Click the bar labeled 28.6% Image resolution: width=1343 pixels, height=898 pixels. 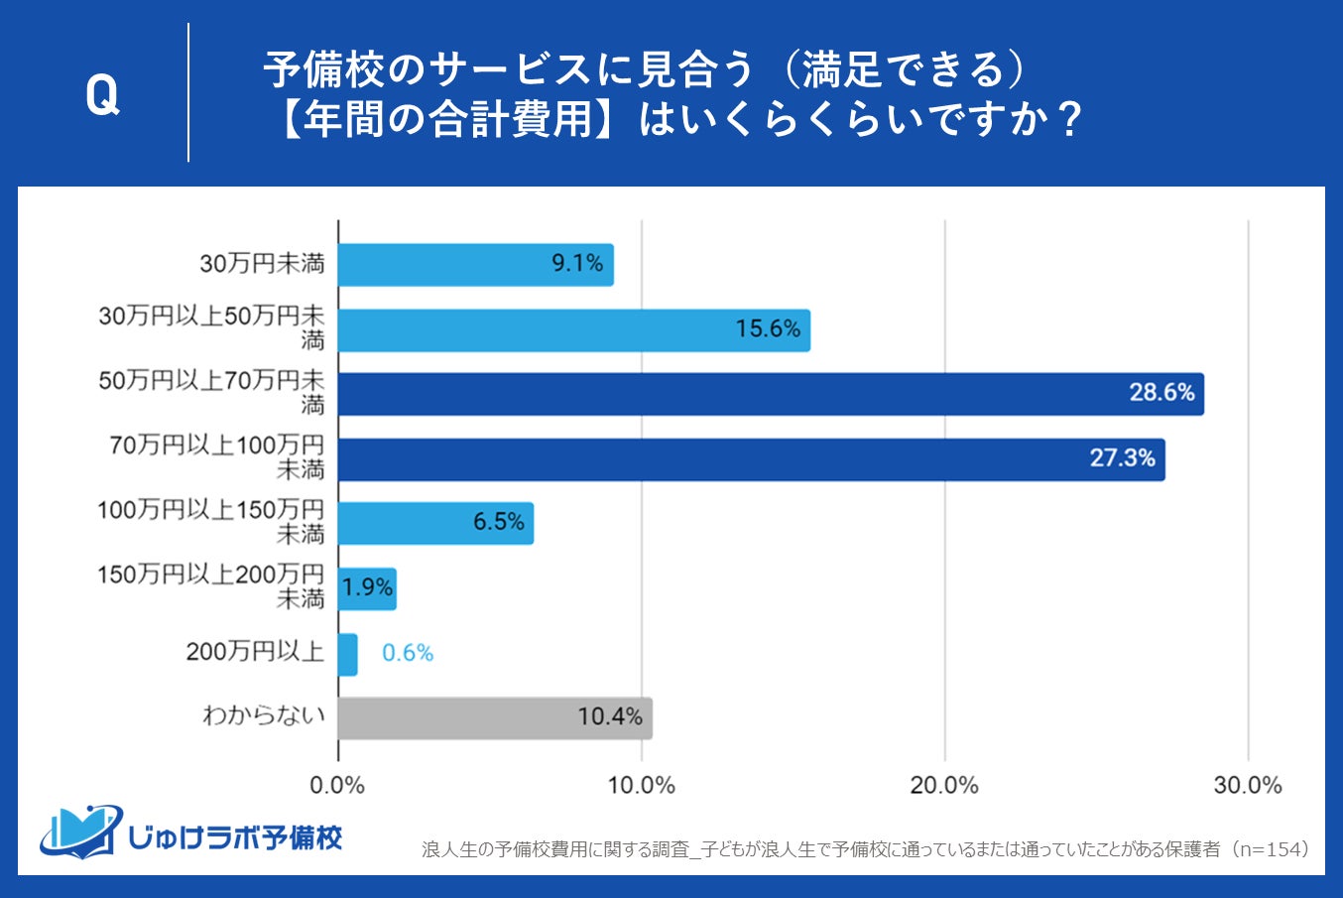(x=770, y=394)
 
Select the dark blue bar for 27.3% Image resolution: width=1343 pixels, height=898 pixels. (x=751, y=459)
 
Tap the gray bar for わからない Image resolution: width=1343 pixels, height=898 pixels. (x=494, y=717)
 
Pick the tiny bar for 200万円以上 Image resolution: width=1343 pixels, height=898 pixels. (x=347, y=654)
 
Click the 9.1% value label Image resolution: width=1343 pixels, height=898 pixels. (x=577, y=264)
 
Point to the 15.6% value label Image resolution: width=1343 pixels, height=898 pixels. (x=768, y=328)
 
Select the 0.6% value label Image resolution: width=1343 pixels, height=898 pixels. (x=408, y=653)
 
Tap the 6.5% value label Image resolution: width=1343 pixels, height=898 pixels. (x=498, y=522)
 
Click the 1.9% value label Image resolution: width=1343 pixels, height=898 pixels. (x=367, y=587)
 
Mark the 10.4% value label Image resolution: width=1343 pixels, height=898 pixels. (x=610, y=716)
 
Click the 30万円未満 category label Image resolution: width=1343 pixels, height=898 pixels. (x=262, y=264)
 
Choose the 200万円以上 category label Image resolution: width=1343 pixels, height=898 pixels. (x=255, y=652)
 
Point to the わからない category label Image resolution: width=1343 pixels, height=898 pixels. (x=264, y=715)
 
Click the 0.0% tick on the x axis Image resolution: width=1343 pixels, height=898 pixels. (x=337, y=786)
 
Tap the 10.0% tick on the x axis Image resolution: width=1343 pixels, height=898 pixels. (x=641, y=786)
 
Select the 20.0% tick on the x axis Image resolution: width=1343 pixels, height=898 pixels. (x=944, y=786)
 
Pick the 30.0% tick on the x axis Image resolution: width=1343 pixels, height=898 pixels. (x=1248, y=786)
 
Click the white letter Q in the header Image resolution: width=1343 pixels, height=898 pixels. (x=102, y=96)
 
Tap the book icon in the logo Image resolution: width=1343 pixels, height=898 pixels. (x=81, y=832)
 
